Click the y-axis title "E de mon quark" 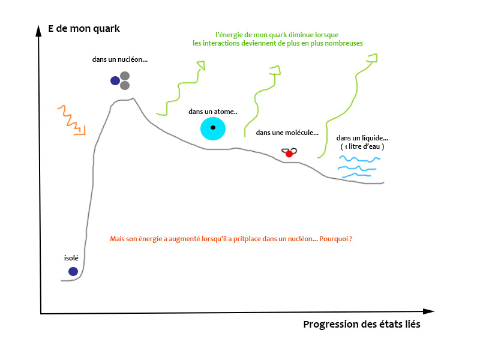84,28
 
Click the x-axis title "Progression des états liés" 362,325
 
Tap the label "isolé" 71,258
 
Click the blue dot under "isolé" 73,272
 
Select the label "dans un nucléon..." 120,61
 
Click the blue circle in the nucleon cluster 115,80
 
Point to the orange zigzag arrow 71,119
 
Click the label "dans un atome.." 213,112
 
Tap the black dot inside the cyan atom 213,127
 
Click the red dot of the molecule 289,154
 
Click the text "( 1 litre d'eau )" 362,147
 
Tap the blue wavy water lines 359,167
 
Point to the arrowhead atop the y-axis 38,28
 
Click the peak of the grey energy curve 133,99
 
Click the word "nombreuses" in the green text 342,43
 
